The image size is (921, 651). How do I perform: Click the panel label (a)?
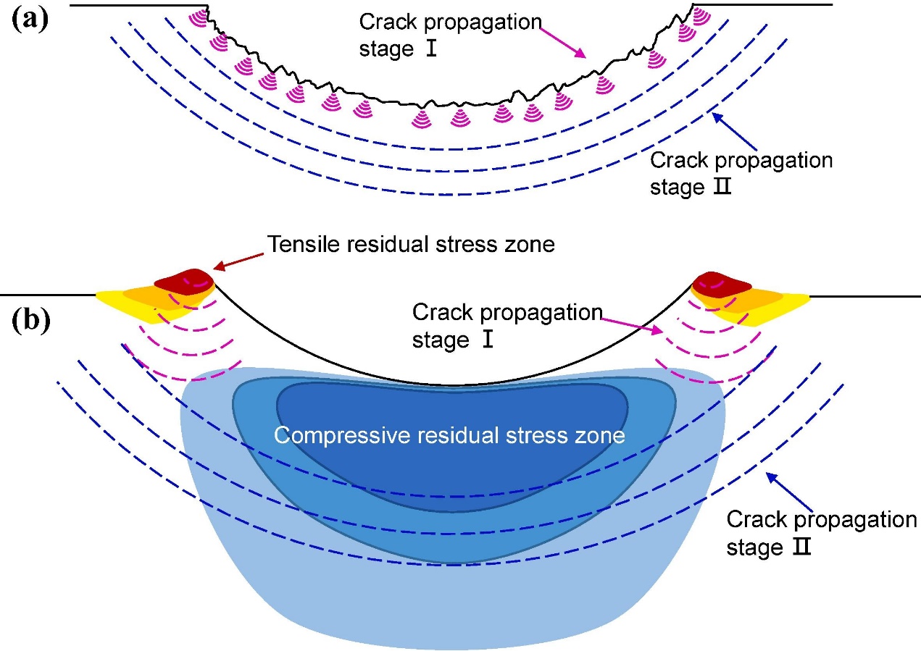click(30, 19)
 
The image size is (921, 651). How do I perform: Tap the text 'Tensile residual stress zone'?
click(411, 245)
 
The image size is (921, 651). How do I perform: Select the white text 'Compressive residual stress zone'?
click(449, 435)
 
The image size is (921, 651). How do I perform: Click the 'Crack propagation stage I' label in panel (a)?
click(450, 36)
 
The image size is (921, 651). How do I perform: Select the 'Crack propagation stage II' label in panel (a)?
click(741, 174)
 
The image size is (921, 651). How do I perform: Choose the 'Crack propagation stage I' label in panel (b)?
click(507, 326)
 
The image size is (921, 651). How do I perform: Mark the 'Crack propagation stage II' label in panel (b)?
click(821, 534)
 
